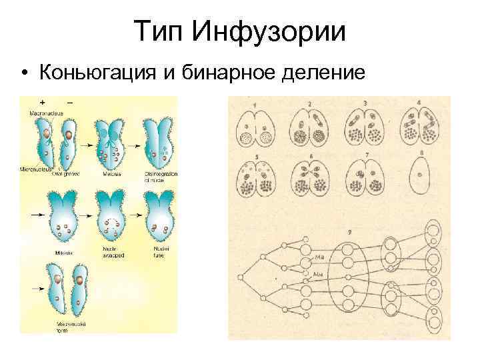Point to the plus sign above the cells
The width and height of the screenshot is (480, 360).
tap(43, 103)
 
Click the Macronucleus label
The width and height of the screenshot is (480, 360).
tap(45, 113)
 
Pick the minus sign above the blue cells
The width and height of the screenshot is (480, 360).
tap(69, 103)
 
